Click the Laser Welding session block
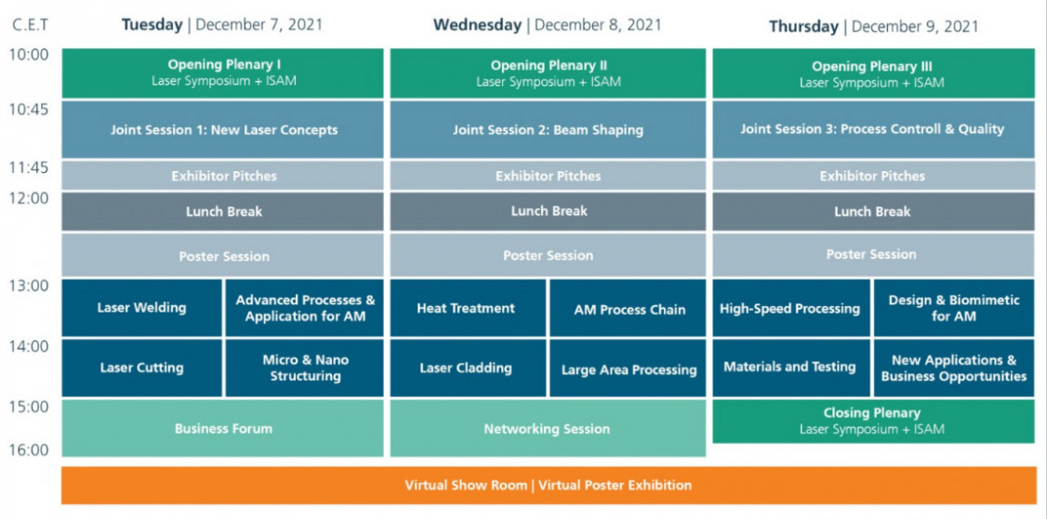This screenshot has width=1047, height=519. point(141,308)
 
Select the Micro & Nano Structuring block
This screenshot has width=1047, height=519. point(304,368)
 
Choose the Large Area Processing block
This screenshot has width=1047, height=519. point(628,368)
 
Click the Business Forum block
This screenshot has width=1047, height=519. point(223,428)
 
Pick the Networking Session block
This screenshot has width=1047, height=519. point(548,428)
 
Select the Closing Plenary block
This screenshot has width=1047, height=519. point(873,420)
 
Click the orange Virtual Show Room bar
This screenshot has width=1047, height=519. point(549,485)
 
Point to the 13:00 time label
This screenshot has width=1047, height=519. point(29,286)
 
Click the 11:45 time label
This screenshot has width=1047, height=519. point(29,167)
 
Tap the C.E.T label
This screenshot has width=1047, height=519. point(31,26)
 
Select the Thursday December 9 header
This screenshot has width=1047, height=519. point(873,27)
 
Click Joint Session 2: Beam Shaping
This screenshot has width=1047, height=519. point(548,129)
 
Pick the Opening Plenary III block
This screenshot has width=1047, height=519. point(873,73)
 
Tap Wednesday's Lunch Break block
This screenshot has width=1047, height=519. point(548,211)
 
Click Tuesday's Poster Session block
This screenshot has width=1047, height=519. point(223,255)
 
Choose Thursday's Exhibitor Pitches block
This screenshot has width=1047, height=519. point(873,176)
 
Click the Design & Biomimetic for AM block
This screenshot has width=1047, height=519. point(953,308)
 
